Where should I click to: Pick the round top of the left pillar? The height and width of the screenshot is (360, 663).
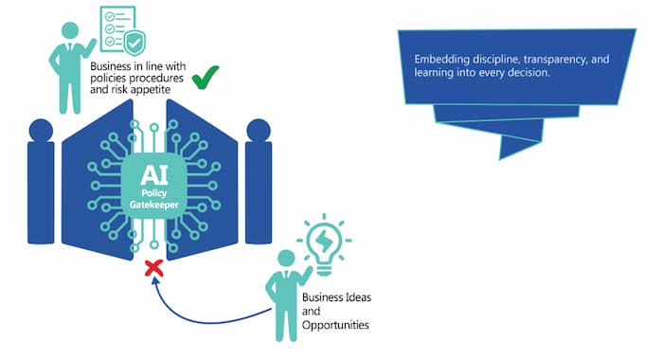coord(41,130)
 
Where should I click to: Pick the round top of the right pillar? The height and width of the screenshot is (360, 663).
coord(258,130)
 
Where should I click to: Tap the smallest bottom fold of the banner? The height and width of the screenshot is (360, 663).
coord(520,145)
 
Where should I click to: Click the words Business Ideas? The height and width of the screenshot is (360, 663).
coord(336,297)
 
